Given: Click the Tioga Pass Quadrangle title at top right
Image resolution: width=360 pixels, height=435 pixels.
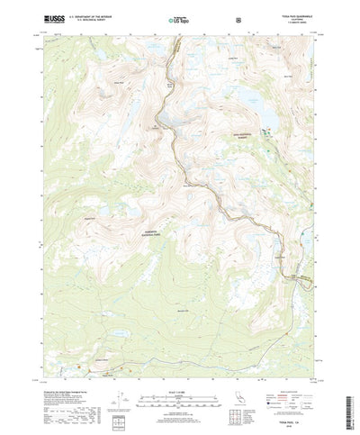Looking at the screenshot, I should click(x=292, y=15).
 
